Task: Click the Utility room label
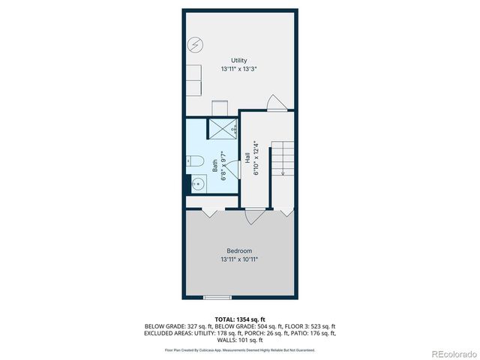(x=239, y=61)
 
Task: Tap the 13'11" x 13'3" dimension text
(x=239, y=69)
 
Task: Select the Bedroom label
(x=239, y=250)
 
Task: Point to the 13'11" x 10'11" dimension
(x=239, y=259)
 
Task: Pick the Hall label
(x=247, y=159)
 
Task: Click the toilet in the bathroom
(x=191, y=160)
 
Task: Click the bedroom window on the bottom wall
(x=217, y=298)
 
